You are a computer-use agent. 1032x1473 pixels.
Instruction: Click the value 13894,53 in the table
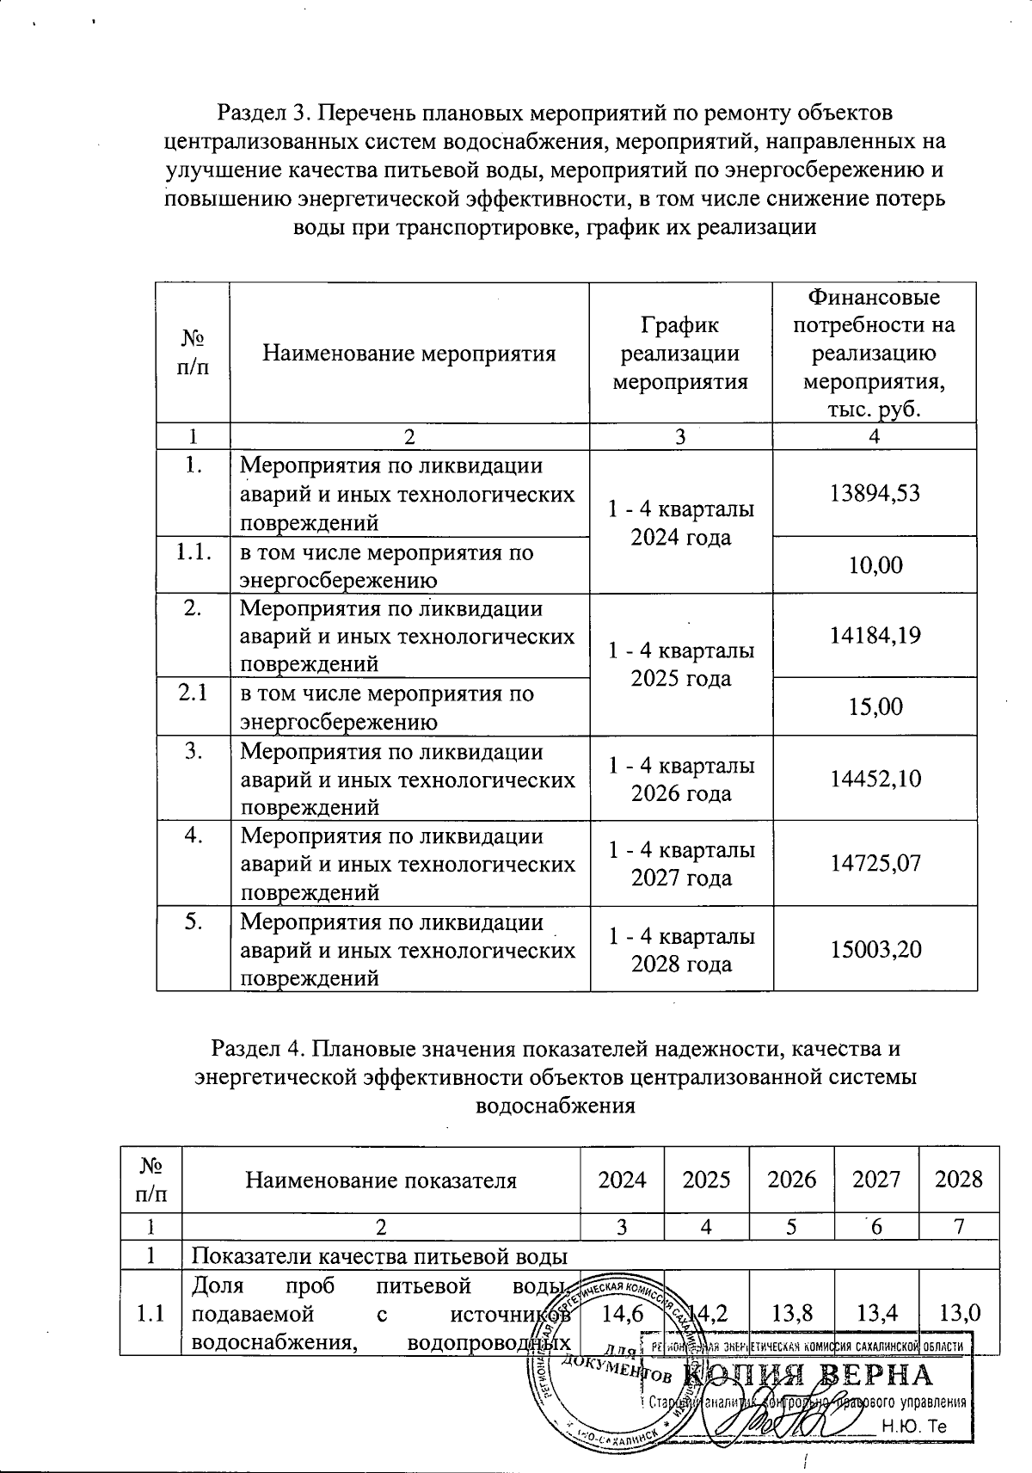[874, 493]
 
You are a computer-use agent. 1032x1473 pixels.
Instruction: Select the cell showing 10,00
[874, 565]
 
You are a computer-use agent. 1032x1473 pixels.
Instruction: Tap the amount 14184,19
[874, 635]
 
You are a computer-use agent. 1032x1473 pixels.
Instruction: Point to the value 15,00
[874, 706]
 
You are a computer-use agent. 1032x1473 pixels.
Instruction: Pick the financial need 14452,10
[874, 778]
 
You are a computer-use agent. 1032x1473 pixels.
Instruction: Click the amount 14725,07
[874, 862]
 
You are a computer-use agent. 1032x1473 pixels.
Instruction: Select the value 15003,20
[874, 948]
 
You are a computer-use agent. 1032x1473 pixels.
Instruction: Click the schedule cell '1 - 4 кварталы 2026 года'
[681, 778]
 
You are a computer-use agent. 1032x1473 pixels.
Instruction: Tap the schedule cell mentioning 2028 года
[681, 948]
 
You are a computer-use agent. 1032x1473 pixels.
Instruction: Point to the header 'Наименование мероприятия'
[408, 353]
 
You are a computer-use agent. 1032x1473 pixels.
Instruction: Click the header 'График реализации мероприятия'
[680, 353]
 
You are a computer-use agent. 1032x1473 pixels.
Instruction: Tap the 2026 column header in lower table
[791, 1179]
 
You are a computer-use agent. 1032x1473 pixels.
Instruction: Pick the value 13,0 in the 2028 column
[959, 1314]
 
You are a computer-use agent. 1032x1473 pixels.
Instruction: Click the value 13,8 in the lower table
[791, 1314]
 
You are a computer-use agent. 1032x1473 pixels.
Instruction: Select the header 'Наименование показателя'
[381, 1180]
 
